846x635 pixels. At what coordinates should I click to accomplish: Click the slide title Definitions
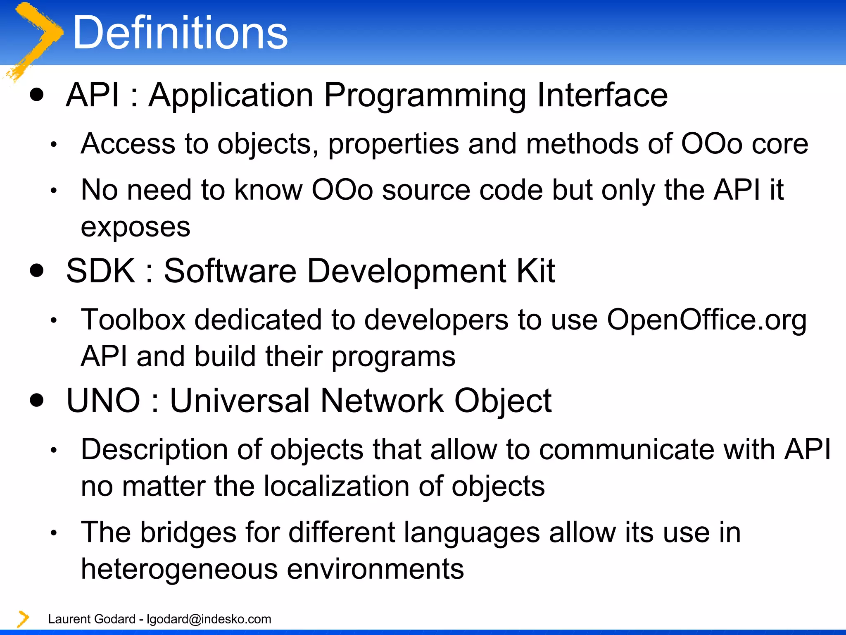(x=180, y=33)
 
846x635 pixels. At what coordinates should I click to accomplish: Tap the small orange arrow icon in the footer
(x=23, y=619)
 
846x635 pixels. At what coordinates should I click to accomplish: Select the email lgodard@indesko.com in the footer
(x=209, y=619)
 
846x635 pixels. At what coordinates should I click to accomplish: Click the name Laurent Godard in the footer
(x=92, y=619)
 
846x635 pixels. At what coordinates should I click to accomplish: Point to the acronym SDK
(x=100, y=271)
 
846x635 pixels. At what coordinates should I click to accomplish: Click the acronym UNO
(x=103, y=401)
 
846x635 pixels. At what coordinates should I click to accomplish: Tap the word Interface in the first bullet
(x=602, y=95)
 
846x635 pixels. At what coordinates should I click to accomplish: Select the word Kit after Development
(x=536, y=271)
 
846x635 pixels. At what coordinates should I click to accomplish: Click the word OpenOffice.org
(x=706, y=320)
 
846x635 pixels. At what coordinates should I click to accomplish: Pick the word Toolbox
(x=133, y=320)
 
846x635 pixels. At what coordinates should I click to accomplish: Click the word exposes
(x=135, y=227)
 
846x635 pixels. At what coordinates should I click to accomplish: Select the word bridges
(x=188, y=532)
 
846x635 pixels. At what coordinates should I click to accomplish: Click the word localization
(x=337, y=486)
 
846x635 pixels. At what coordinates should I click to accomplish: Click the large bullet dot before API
(x=37, y=95)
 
